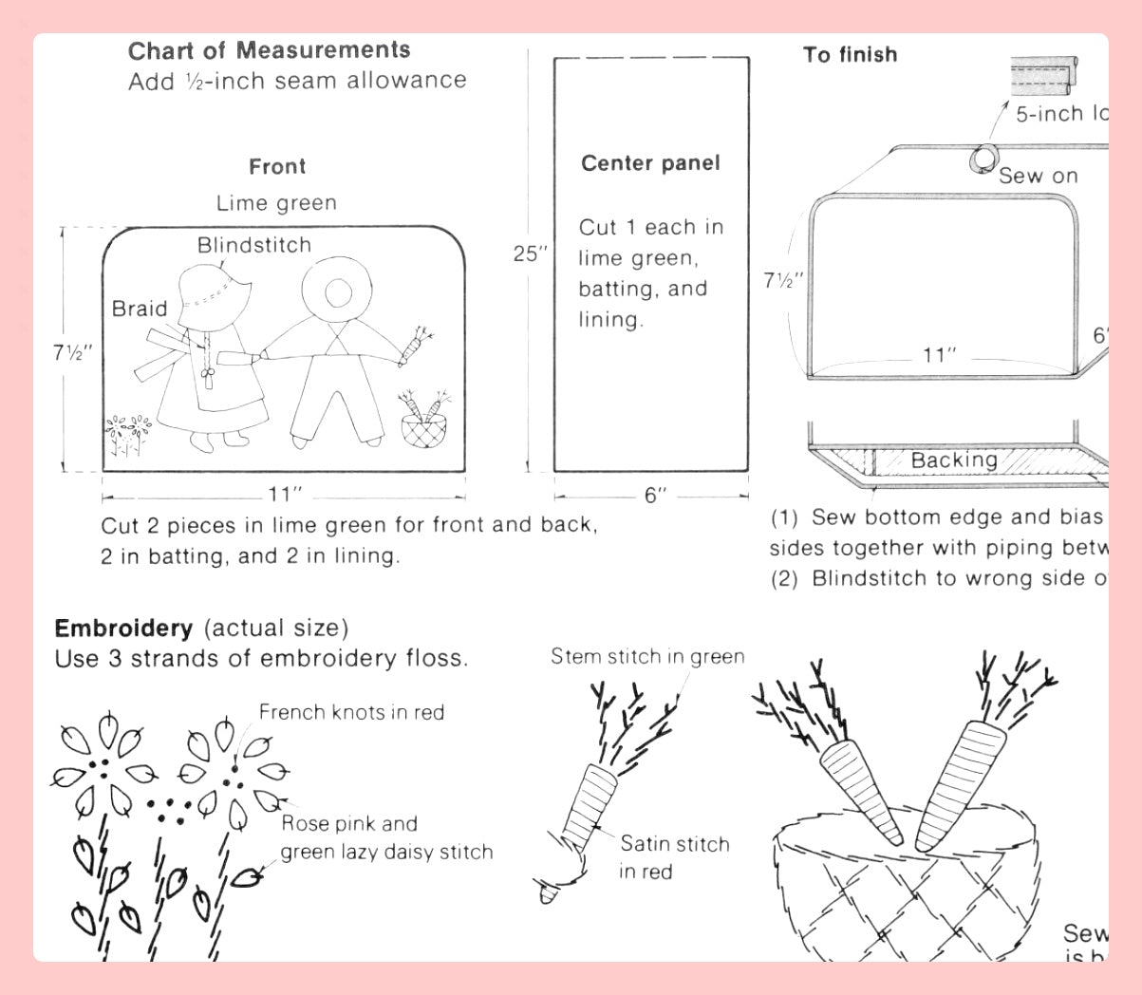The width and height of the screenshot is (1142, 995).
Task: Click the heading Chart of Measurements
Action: (x=270, y=50)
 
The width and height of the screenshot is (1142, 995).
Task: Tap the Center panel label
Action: (x=650, y=163)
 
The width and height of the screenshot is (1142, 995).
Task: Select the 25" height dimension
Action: (x=531, y=254)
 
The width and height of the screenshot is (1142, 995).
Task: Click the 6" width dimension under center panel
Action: (x=656, y=496)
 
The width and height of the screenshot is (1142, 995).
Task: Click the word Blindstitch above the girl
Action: (x=254, y=245)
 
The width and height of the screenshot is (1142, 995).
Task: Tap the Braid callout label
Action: (x=140, y=309)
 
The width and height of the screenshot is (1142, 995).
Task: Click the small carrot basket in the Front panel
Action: (x=422, y=424)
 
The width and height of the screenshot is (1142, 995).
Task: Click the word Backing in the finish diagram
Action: (x=954, y=460)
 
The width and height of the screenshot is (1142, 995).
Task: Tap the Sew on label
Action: (x=1039, y=176)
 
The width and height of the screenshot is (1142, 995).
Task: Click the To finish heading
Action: (x=850, y=55)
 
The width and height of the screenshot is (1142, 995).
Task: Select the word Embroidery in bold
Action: (x=123, y=628)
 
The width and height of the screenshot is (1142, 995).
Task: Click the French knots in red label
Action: (x=351, y=712)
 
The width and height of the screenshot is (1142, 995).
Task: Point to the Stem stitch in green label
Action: (x=647, y=656)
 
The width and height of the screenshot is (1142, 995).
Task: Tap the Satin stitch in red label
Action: (x=673, y=856)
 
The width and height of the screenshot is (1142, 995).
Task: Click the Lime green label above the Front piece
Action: (x=276, y=203)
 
